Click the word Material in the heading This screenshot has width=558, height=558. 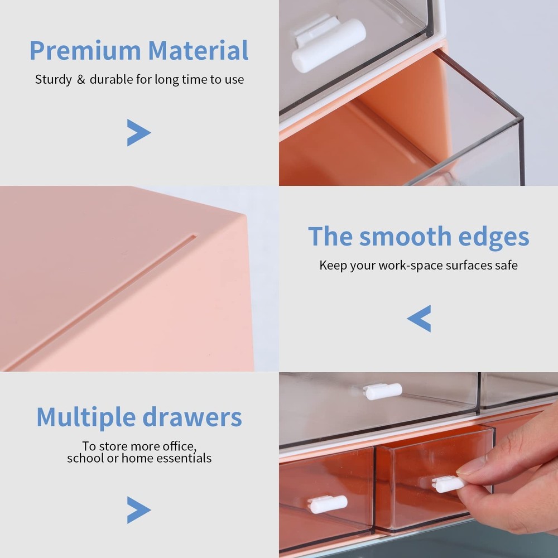199,51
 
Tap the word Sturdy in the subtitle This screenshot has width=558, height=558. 53,80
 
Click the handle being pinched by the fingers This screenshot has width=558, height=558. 449,484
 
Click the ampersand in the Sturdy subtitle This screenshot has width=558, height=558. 80,80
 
